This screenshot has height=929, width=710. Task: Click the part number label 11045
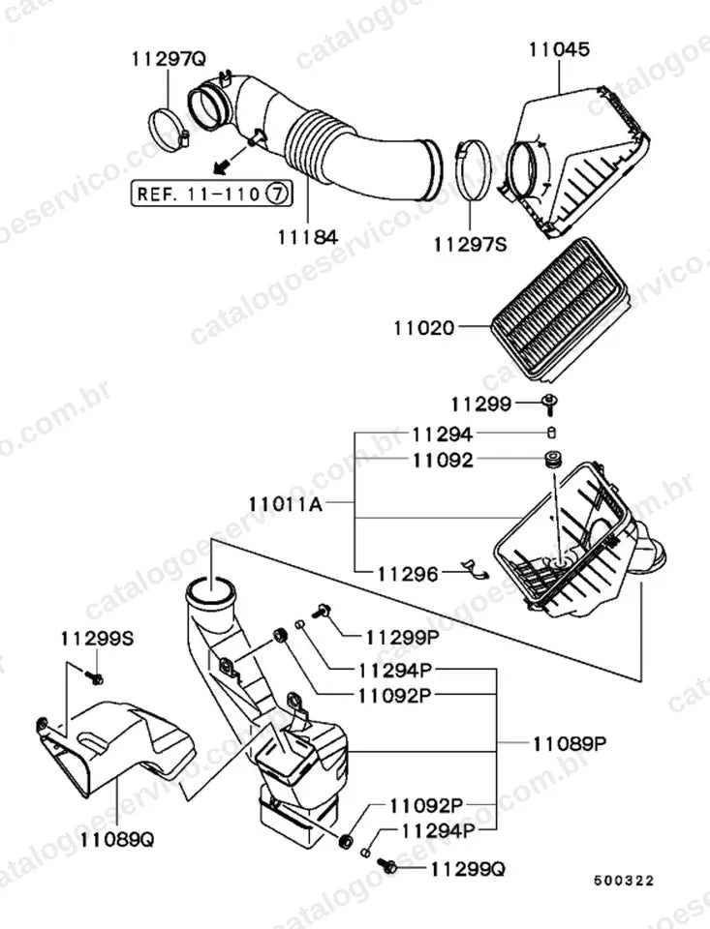pyautogui.click(x=559, y=49)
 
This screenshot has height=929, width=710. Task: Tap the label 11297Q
pyautogui.click(x=169, y=59)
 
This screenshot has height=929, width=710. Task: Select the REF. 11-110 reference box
pyautogui.click(x=212, y=194)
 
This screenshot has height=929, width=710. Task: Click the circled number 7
pyautogui.click(x=277, y=194)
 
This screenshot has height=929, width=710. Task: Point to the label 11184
pyautogui.click(x=308, y=237)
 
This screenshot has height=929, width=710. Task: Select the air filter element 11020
pyautogui.click(x=558, y=310)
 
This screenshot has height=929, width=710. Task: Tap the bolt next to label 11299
pyautogui.click(x=550, y=405)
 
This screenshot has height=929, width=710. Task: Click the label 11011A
pyautogui.click(x=286, y=504)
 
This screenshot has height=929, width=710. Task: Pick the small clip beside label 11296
pyautogui.click(x=476, y=568)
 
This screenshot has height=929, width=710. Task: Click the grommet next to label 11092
pyautogui.click(x=553, y=460)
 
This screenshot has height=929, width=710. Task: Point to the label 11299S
pyautogui.click(x=97, y=639)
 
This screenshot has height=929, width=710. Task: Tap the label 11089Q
pyautogui.click(x=117, y=839)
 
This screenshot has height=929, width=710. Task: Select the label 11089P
pyautogui.click(x=570, y=743)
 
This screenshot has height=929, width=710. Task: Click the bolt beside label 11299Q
pyautogui.click(x=387, y=865)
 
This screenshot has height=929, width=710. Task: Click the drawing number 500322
pyautogui.click(x=624, y=881)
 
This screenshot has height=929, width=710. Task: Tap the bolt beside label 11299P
pyautogui.click(x=321, y=610)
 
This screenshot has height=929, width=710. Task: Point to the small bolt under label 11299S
pyautogui.click(x=94, y=677)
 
